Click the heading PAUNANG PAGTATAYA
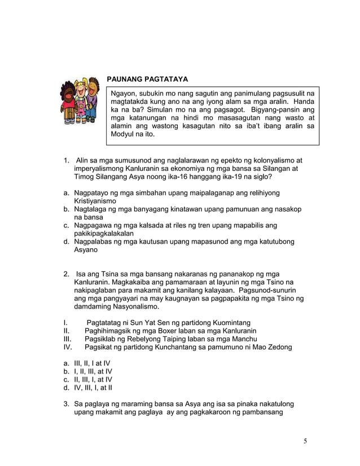click(147, 78)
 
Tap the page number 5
click(305, 441)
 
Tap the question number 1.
click(66, 160)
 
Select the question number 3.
click(66, 404)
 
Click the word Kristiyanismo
click(95, 201)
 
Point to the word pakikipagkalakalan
click(104, 233)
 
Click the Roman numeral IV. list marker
click(68, 347)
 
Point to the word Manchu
click(244, 338)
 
